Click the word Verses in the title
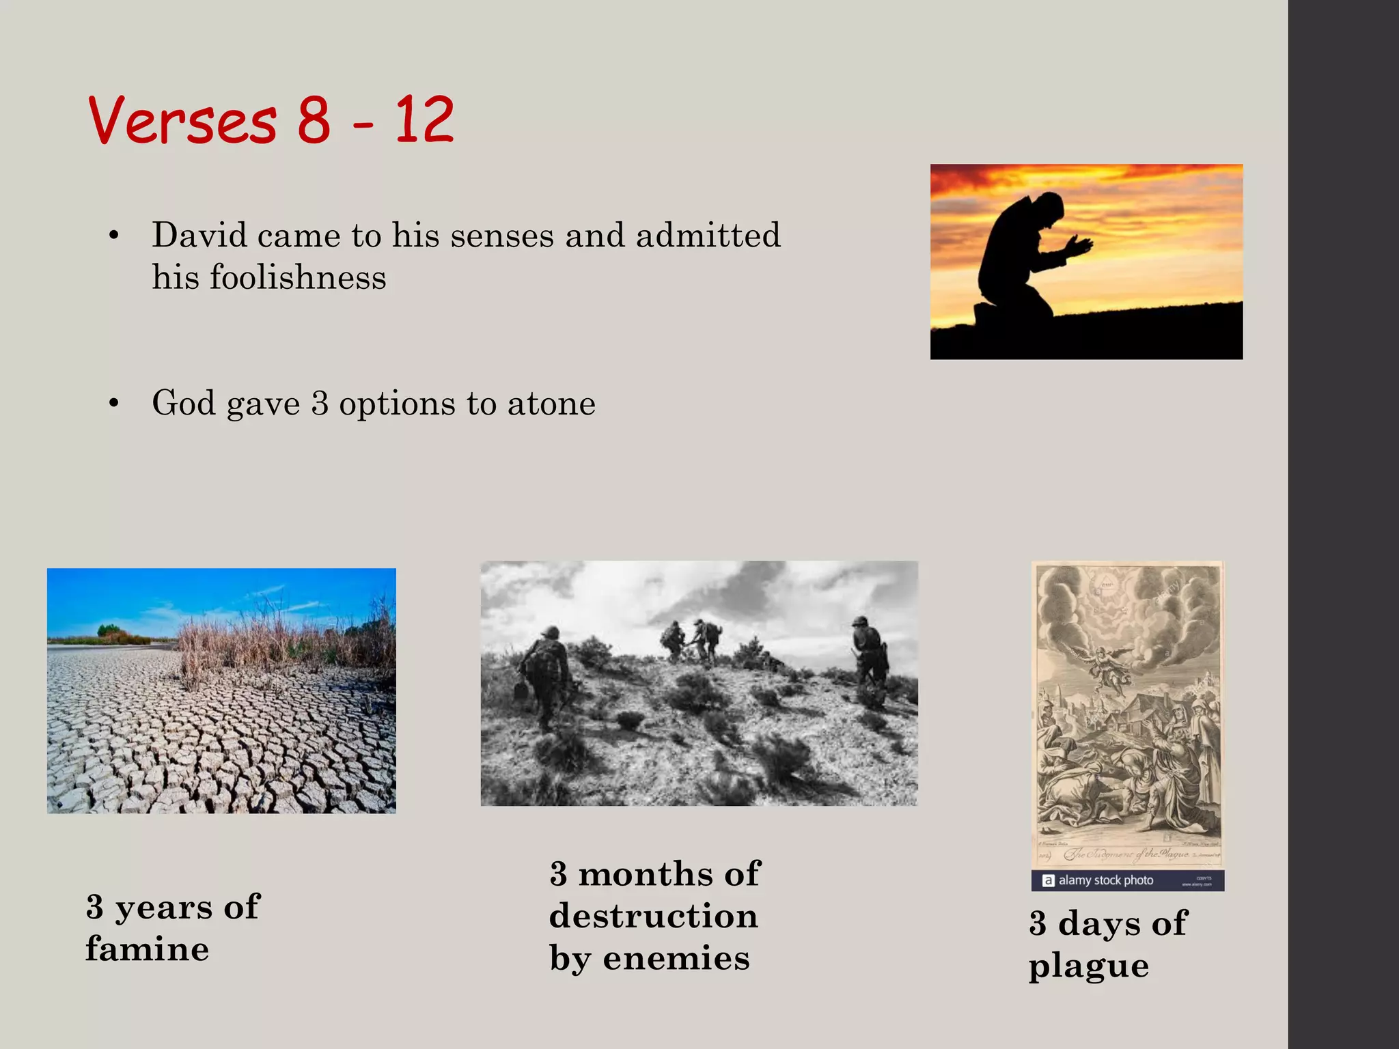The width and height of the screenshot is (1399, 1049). coord(182,120)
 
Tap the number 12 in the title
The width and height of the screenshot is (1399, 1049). coord(424,120)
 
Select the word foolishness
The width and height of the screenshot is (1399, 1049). coord(298,277)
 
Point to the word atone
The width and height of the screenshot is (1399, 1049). coord(551,403)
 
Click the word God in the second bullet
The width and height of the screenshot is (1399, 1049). coord(184,403)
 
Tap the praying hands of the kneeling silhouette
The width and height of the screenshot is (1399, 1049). coord(1078,245)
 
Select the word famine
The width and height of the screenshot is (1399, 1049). coord(148,949)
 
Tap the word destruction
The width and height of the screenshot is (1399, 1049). coord(654,917)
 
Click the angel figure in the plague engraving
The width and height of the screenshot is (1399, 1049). coord(1108,666)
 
